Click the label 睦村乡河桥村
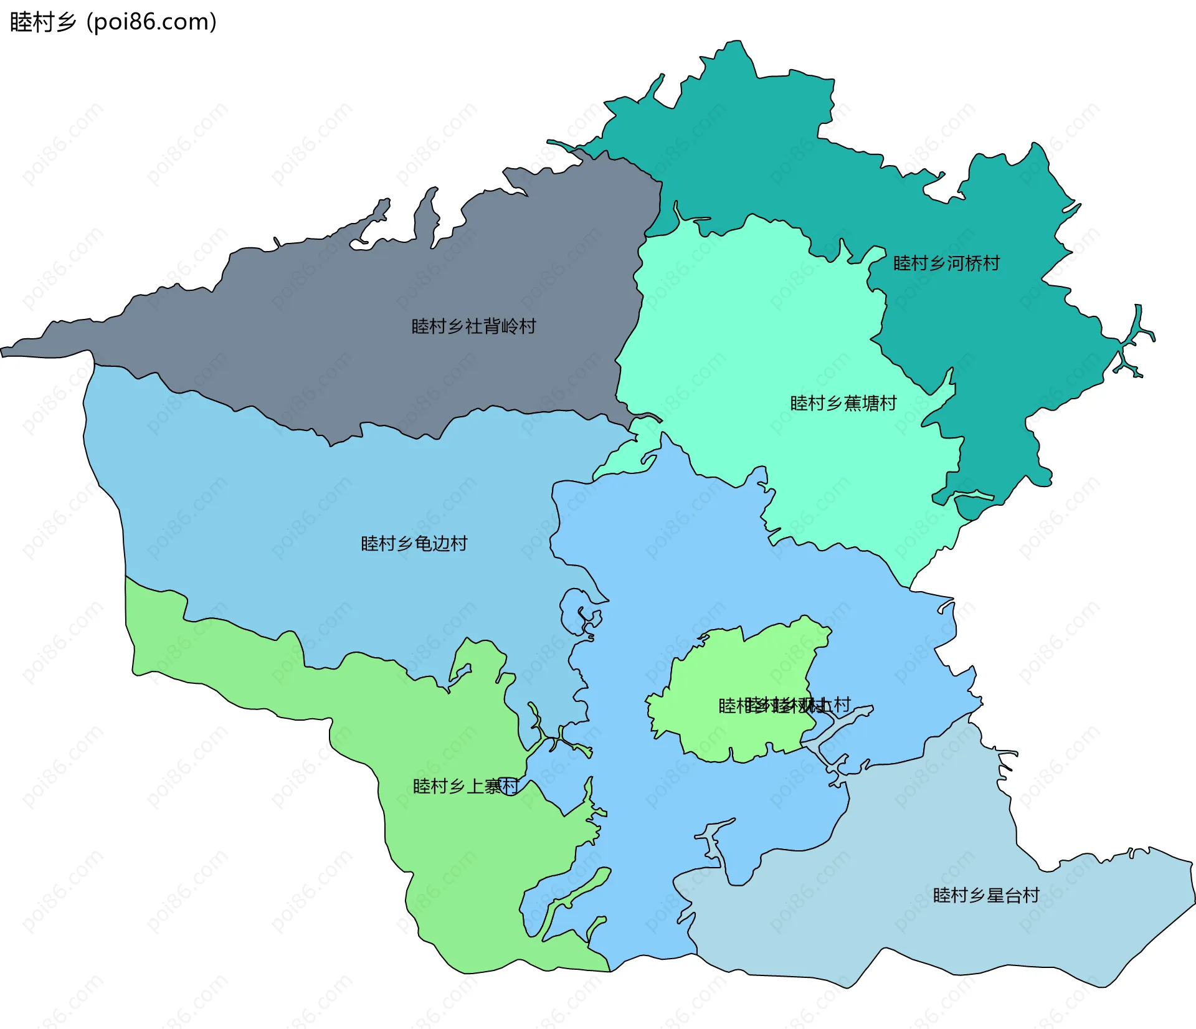946,263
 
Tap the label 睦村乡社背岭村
473,326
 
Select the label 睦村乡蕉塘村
843,404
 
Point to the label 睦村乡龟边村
414,544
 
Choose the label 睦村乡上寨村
465,787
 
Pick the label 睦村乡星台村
985,896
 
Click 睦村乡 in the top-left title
42,22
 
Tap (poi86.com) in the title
151,22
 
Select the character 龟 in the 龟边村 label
423,544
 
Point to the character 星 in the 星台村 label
995,896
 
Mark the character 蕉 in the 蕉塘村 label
852,404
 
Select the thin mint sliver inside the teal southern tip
974,496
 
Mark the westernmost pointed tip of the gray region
3,352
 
